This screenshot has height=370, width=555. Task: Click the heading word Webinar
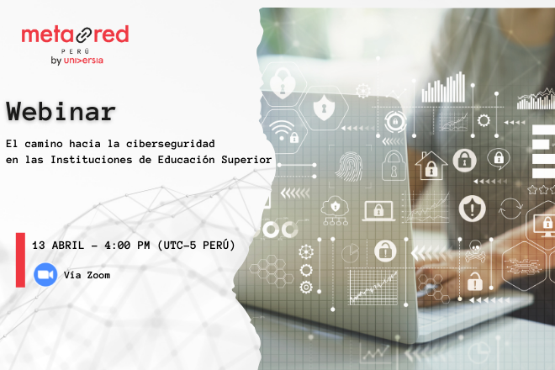tap(61, 111)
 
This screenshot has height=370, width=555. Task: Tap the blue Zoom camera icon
tap(45, 275)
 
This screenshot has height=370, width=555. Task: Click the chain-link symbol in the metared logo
tap(77, 35)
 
